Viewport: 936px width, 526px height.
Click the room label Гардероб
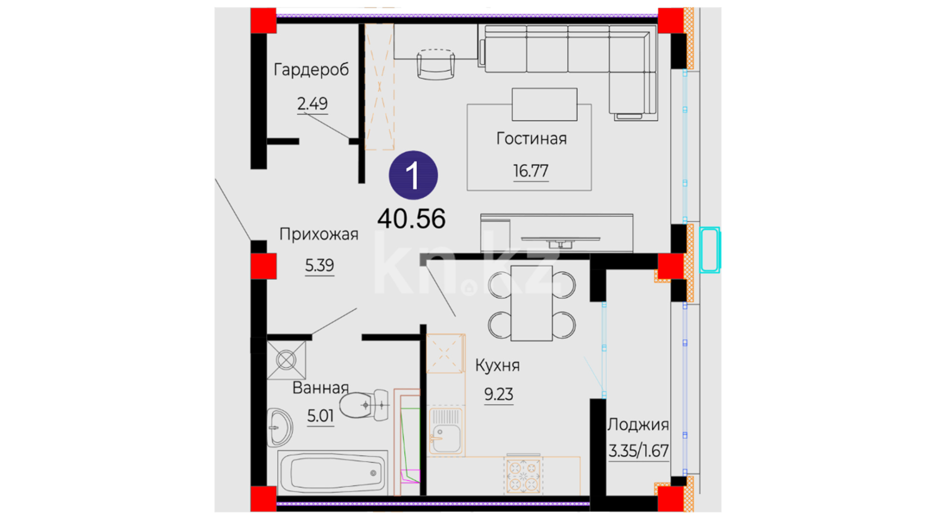point(311,70)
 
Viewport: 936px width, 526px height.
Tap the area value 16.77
point(530,171)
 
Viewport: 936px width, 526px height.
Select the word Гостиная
point(531,139)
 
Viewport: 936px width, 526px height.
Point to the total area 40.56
point(411,219)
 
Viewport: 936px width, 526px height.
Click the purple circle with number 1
point(413,175)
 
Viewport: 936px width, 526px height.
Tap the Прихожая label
point(319,234)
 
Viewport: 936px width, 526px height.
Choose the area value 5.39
point(319,265)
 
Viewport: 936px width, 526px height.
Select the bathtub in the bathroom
point(332,471)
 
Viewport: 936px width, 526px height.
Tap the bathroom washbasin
point(279,427)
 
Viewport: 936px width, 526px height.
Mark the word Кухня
point(497,365)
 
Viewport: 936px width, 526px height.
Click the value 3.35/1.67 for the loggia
point(638,451)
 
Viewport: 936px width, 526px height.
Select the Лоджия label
point(638,425)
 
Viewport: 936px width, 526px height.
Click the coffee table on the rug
point(545,104)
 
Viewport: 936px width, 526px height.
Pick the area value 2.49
point(312,104)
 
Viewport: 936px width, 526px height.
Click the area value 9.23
point(498,394)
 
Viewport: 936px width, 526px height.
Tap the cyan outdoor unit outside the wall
point(710,249)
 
